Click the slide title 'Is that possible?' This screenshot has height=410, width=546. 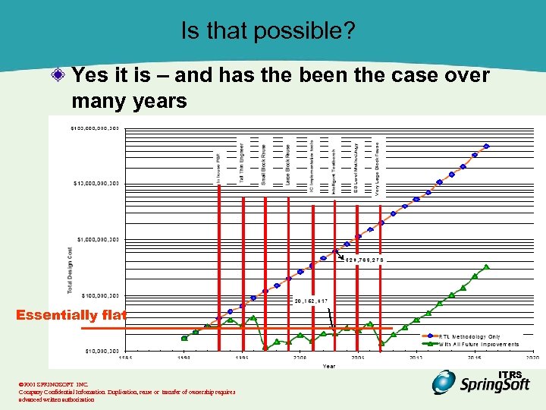coord(272,30)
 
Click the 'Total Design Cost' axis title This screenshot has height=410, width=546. coord(71,270)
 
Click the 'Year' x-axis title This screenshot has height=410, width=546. coord(328,366)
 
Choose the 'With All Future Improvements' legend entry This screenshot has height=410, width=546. coord(479,344)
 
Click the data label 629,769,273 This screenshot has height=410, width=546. coord(366,260)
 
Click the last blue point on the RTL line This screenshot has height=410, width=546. coord(487,146)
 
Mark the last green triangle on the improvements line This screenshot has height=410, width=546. coord(487,266)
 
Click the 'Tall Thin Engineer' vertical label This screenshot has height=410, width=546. coord(241,162)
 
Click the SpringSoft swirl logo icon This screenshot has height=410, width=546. coord(445,382)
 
